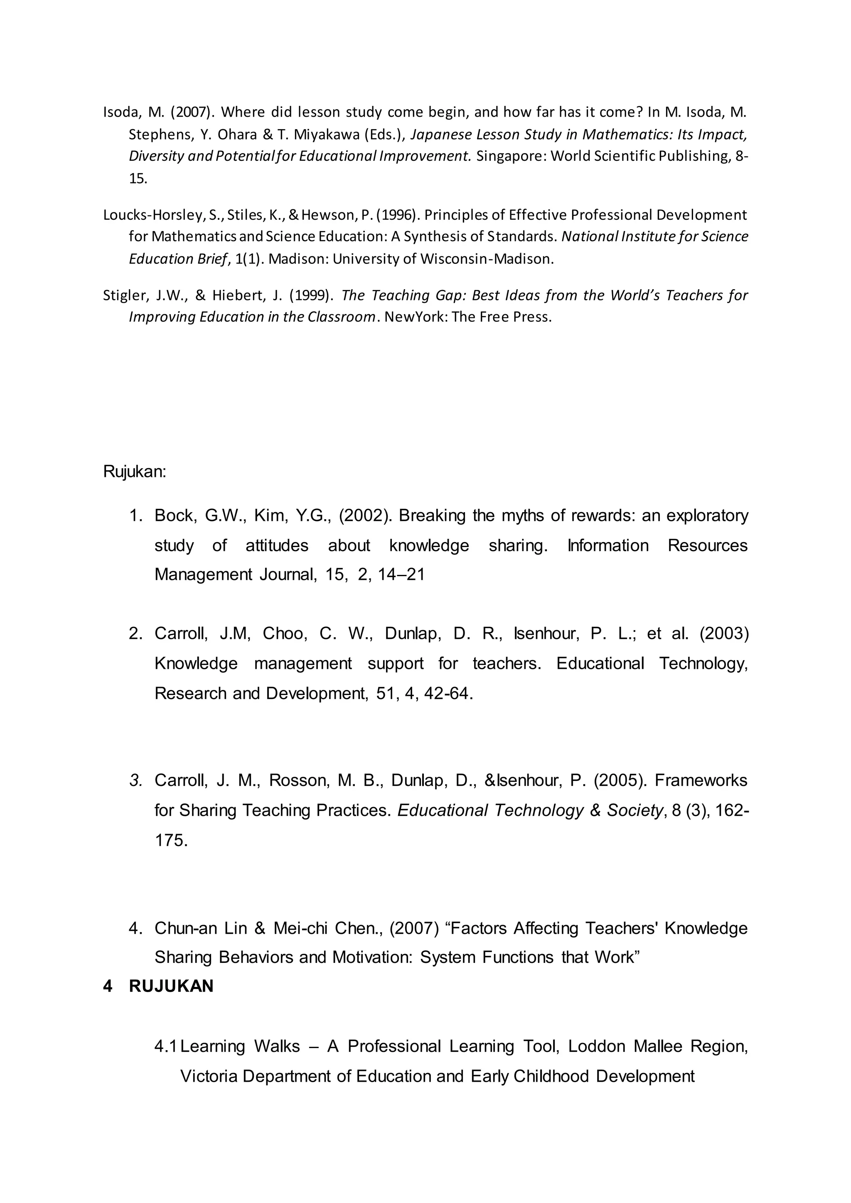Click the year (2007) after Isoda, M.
pos(192,112)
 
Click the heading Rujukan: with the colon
pos(135,471)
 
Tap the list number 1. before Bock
pos(136,516)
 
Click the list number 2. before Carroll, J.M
pos(136,633)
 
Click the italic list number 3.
pos(136,781)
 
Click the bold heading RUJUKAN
pos(171,987)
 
